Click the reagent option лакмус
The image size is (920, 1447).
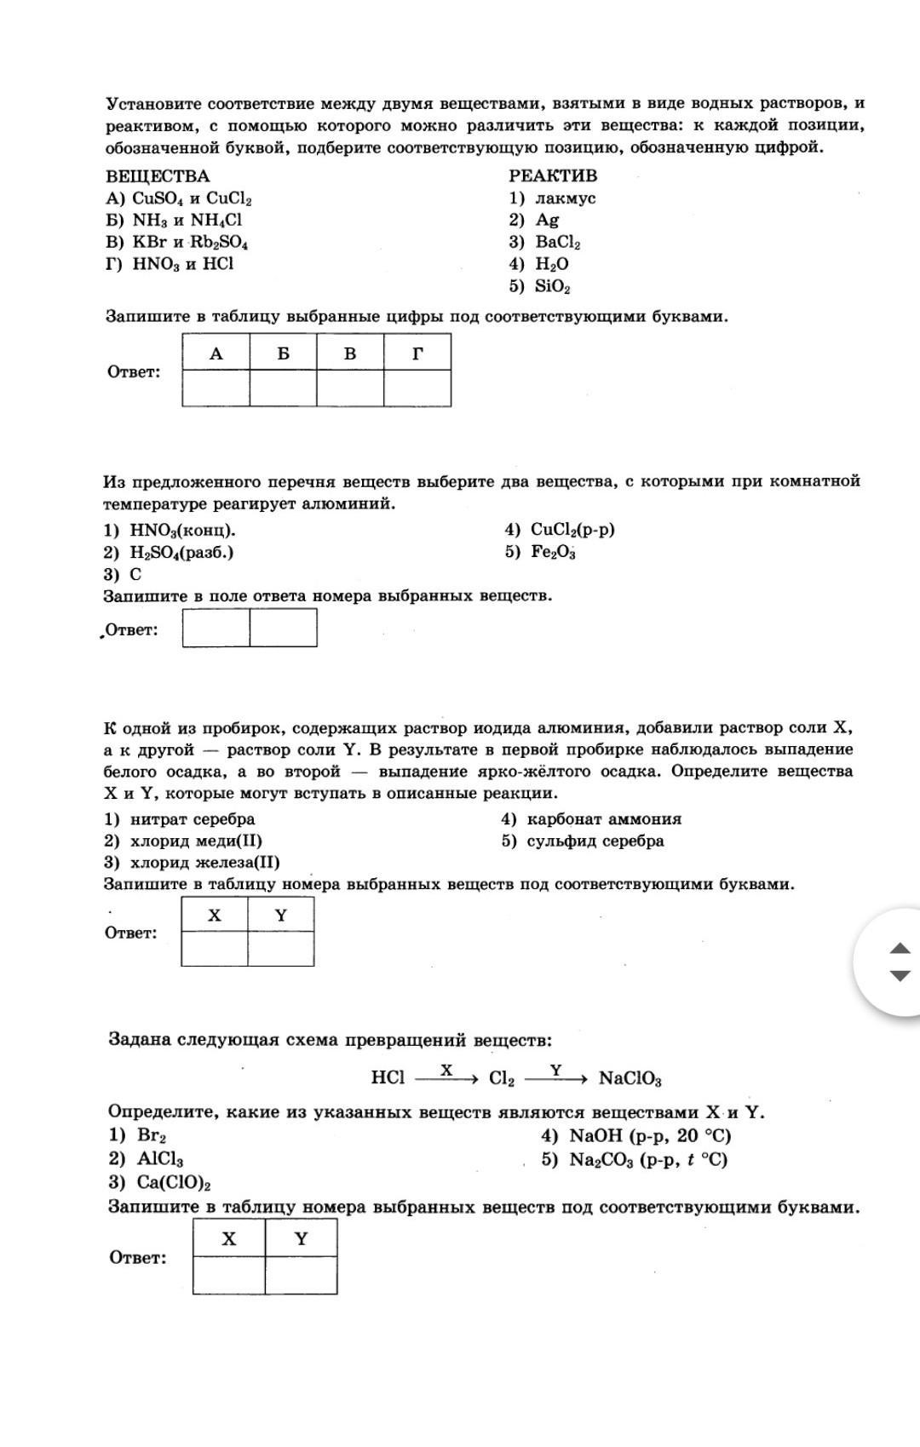[x=565, y=198]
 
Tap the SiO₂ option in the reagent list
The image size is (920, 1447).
[x=552, y=286]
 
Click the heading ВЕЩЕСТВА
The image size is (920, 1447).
[x=158, y=176]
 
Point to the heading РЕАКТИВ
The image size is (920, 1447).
[x=553, y=176]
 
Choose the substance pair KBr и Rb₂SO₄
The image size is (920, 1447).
[x=190, y=242]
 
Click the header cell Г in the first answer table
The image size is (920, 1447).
[x=417, y=353]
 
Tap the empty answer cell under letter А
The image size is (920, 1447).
[x=216, y=388]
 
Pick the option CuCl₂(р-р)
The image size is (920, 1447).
[x=572, y=530]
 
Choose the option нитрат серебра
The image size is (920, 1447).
[x=192, y=819]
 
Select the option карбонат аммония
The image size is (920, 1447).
[x=603, y=819]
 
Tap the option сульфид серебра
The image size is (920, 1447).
[x=595, y=841]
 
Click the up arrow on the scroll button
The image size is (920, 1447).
[x=900, y=948]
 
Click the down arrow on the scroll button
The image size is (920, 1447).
[x=900, y=976]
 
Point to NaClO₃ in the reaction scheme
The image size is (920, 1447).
[x=630, y=1079]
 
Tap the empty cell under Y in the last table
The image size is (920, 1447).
[x=301, y=1275]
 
